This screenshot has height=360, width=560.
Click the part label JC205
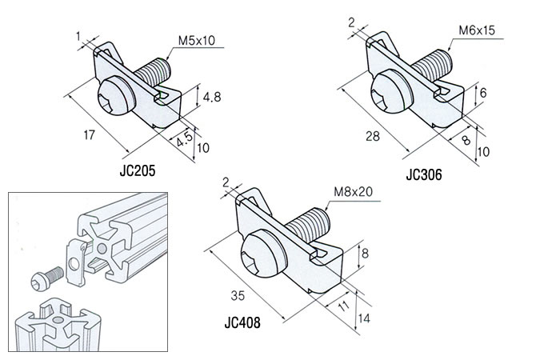coord(138,170)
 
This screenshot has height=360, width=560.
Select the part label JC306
coord(424,174)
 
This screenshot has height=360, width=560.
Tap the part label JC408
coord(242,322)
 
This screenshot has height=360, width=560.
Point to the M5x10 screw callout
coord(197,40)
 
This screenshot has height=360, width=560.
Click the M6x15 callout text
coord(477,30)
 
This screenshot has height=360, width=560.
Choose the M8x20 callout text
coord(354,192)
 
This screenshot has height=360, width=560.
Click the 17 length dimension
coord(90,135)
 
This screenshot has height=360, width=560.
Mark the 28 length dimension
coord(373,136)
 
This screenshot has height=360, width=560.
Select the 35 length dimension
coord(238,296)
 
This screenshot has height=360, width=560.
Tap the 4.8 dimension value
coord(212,97)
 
